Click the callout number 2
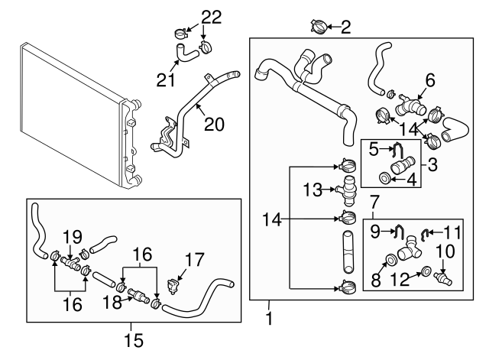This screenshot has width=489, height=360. pos(345,28)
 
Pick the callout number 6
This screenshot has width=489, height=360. pos(429,79)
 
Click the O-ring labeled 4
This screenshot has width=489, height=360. pos(386,179)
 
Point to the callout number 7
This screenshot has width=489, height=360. pos(374,202)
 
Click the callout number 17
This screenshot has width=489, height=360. pos(195,260)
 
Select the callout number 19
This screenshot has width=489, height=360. pos(72,236)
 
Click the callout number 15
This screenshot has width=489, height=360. pos(133,336)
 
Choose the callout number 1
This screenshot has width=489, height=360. pos(269,314)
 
